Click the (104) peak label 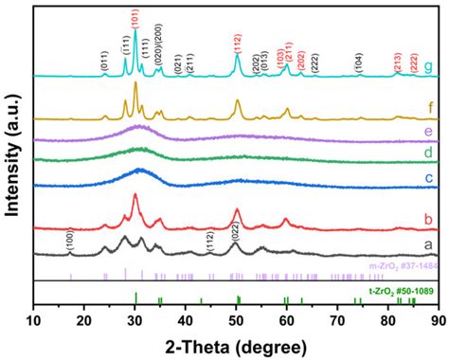pyautogui.click(x=357, y=59)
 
